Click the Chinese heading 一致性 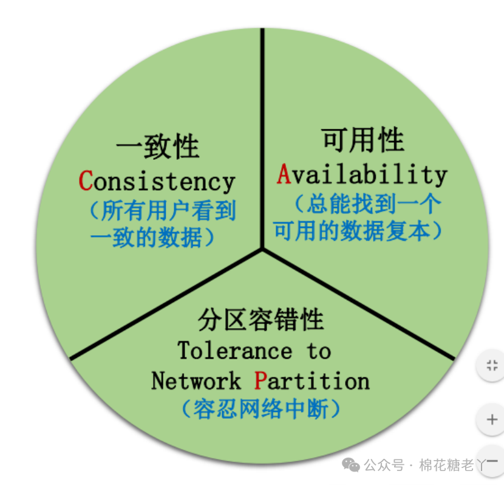click(157, 146)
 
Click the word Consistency click(157, 181)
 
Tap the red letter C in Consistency click(86, 181)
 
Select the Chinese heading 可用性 click(363, 141)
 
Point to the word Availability click(363, 174)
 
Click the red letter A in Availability click(284, 174)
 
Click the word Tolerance click(234, 351)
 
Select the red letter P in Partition click(261, 381)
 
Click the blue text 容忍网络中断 click(261, 408)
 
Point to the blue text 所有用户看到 click(163, 211)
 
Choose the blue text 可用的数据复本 click(358, 231)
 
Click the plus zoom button click(492, 419)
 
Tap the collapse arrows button click(492, 365)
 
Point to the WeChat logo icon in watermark click(351, 465)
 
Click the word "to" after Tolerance click(318, 351)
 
